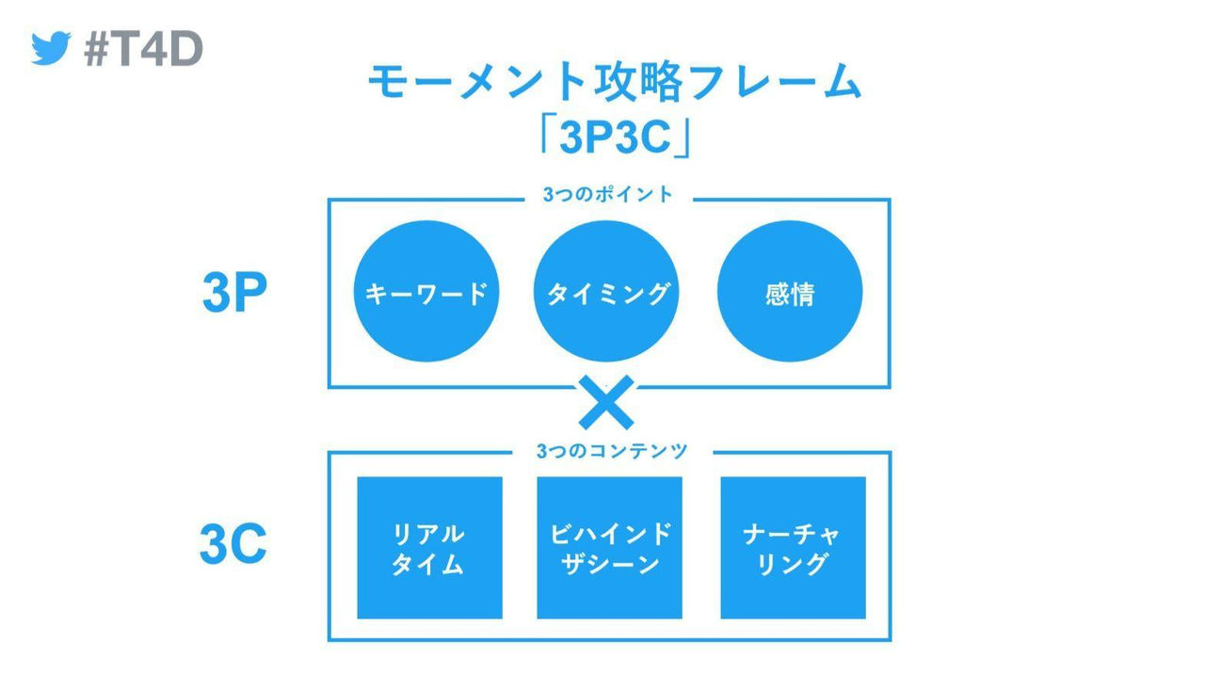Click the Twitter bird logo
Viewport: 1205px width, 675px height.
click(51, 48)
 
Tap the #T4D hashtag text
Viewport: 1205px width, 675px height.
click(143, 47)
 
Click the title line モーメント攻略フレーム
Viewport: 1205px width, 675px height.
click(614, 84)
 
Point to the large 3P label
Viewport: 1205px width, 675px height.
click(234, 295)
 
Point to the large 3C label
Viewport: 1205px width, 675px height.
click(233, 547)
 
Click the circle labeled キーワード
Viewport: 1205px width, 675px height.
click(426, 293)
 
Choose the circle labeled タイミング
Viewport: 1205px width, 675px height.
click(608, 293)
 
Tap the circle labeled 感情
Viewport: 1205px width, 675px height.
click(790, 293)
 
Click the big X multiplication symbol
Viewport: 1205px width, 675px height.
click(607, 403)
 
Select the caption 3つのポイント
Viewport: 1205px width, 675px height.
click(608, 195)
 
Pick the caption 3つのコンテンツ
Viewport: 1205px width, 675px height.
click(612, 451)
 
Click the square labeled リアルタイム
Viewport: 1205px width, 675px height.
click(429, 548)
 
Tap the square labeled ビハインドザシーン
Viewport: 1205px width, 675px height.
click(609, 548)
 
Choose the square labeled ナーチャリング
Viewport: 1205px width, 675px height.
click(793, 548)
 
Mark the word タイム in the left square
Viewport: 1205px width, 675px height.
click(428, 564)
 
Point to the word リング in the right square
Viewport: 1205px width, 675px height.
click(792, 564)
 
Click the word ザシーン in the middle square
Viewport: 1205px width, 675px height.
click(609, 564)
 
